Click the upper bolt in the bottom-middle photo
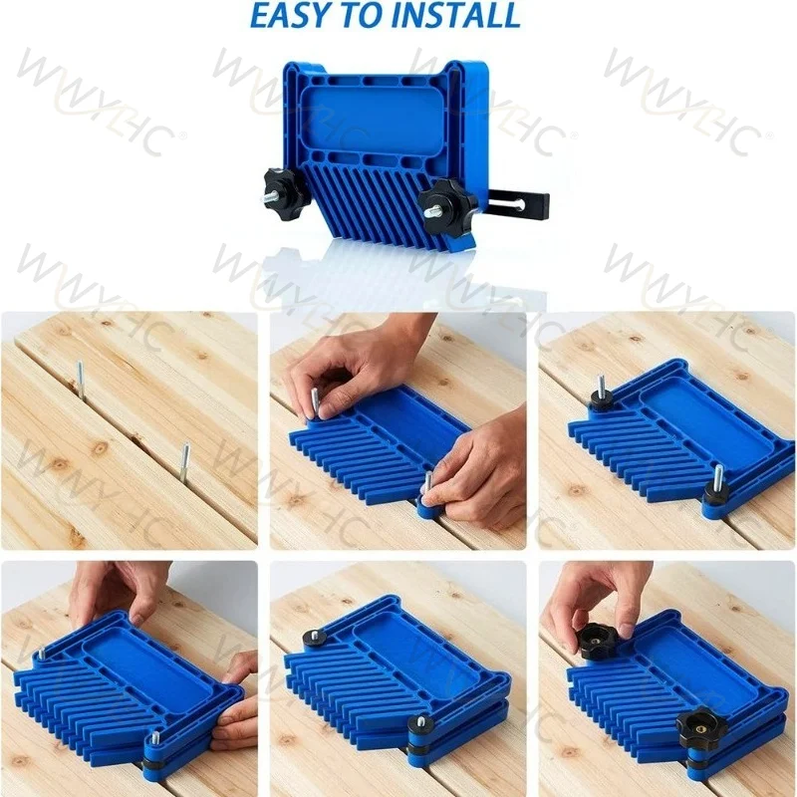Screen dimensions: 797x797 click(313, 636)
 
